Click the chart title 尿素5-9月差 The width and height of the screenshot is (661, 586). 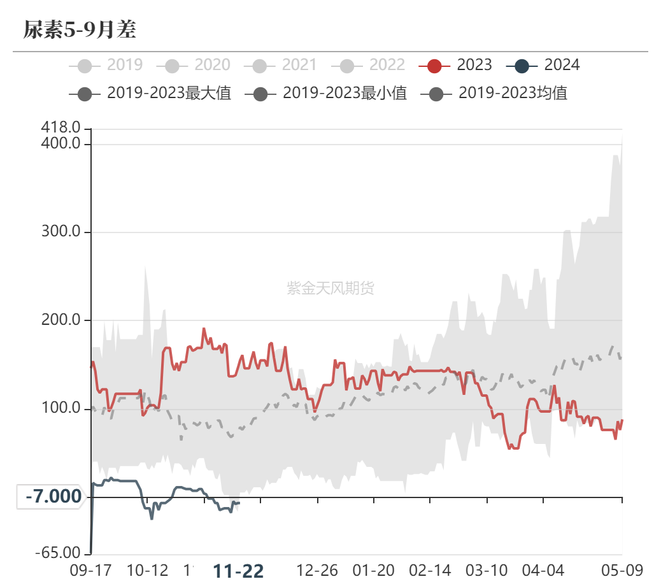[x=80, y=30]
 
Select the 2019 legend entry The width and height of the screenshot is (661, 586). [x=107, y=65]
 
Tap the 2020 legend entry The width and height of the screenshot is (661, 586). [x=197, y=65]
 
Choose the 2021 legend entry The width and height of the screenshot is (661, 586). [x=285, y=65]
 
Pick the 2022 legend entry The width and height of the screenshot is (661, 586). [x=373, y=65]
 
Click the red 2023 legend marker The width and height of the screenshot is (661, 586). [x=435, y=65]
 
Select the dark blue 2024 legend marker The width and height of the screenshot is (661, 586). [x=523, y=65]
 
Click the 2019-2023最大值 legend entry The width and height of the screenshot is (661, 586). [x=150, y=94]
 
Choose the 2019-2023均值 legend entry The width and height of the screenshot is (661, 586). [x=495, y=94]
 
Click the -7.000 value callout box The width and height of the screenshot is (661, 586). [x=53, y=496]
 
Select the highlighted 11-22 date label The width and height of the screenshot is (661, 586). [x=238, y=571]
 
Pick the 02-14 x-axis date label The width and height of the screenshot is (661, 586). [x=430, y=570]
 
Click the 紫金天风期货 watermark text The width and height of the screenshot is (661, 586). [x=330, y=288]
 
